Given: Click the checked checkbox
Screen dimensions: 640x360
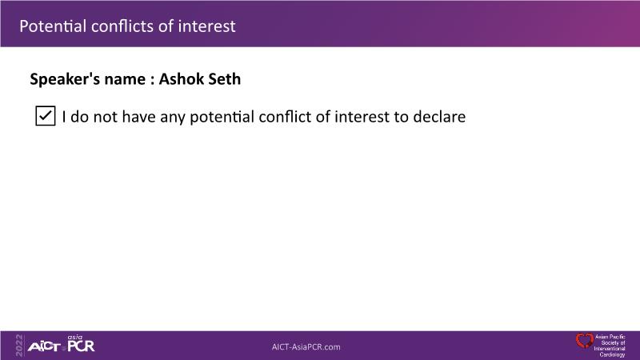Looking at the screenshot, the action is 46,115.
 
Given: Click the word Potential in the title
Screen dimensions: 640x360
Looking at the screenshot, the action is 53,26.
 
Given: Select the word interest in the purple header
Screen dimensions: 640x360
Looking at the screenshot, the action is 207,26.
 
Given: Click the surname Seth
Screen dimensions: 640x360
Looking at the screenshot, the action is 225,78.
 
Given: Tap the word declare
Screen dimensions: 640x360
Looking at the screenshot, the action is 439,116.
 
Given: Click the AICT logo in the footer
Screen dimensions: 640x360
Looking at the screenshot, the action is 44,347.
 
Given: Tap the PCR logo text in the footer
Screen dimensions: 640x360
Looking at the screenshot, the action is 81,346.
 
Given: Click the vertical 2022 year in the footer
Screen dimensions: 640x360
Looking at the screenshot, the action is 19,346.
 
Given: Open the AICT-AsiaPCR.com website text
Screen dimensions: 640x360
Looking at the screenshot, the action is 306,347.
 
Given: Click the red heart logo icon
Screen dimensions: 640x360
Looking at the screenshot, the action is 585,341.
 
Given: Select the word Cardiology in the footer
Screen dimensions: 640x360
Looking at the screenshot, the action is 612,354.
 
